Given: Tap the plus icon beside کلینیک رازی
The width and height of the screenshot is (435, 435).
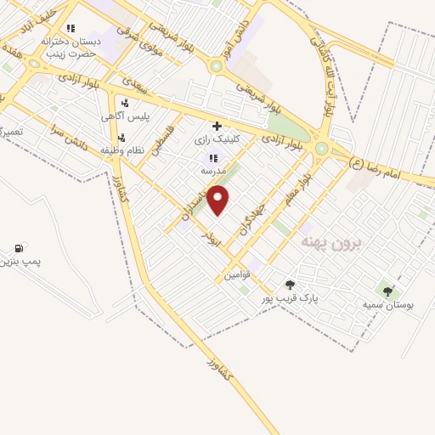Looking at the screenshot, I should [x=217, y=125].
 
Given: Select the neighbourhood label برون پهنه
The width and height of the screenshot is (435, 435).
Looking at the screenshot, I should [x=331, y=244].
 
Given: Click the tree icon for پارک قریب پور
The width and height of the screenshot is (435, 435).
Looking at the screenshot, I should [x=290, y=285].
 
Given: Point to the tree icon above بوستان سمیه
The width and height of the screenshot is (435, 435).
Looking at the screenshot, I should [x=387, y=291].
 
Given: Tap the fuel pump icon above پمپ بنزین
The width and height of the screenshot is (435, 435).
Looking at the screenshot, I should [x=18, y=248].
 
